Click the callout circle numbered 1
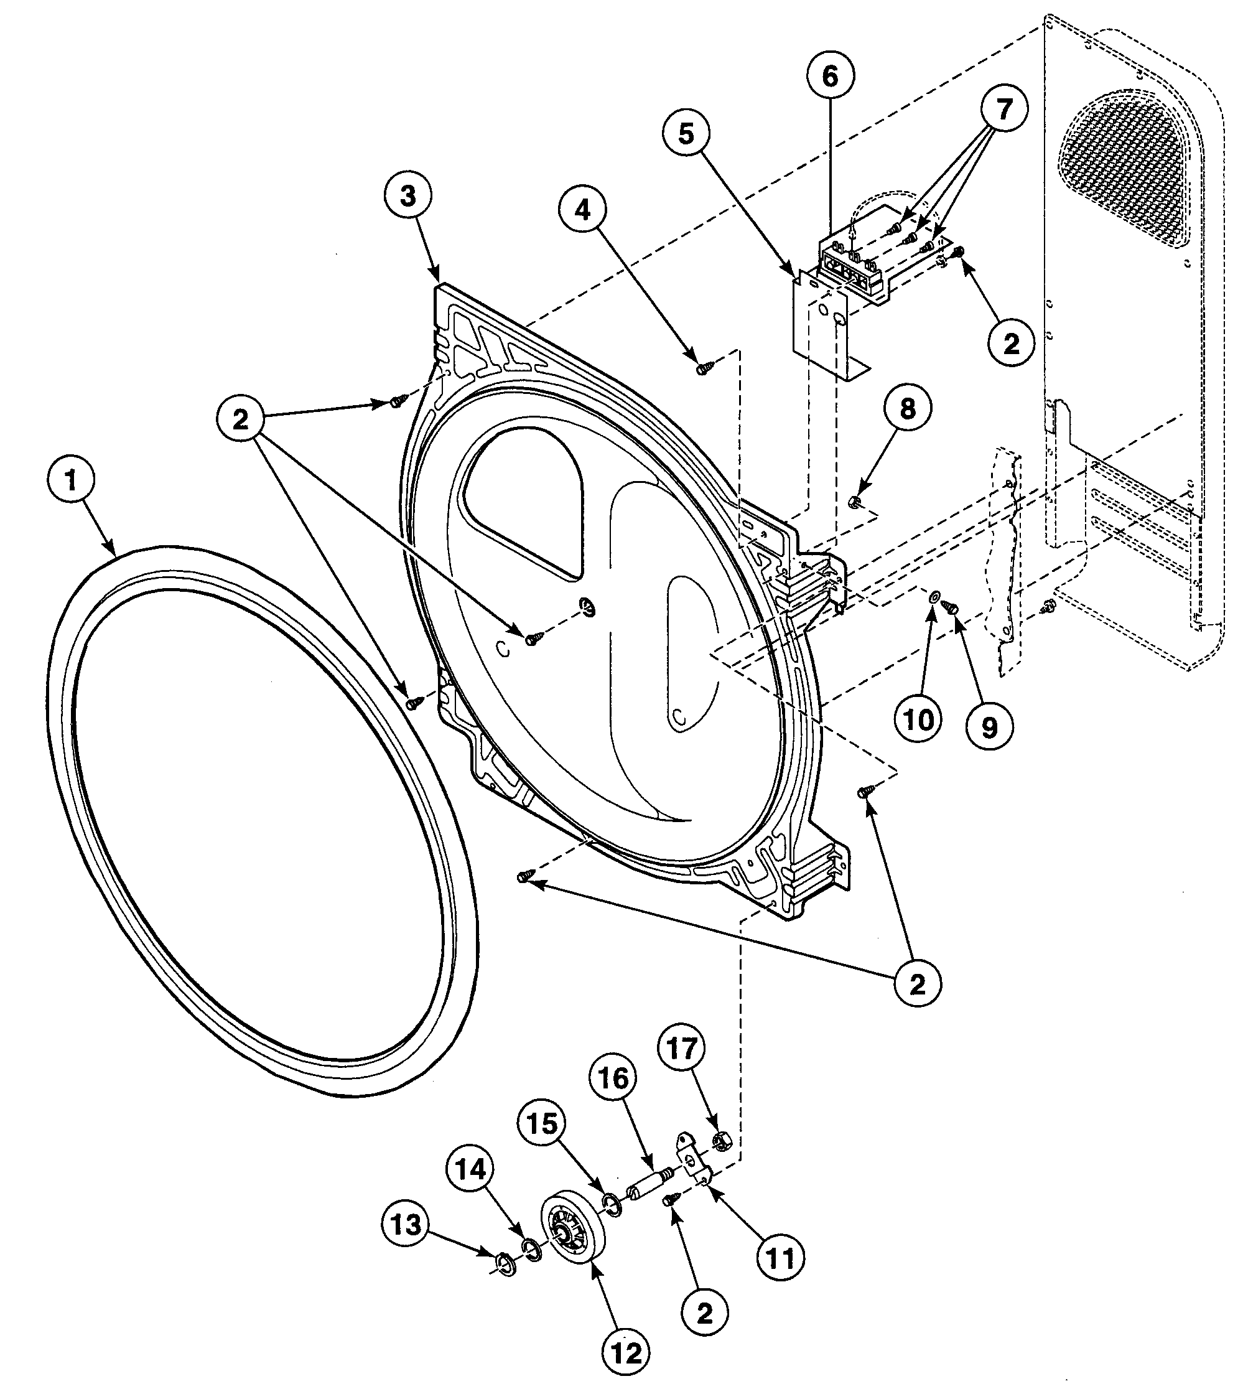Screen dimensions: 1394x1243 [x=70, y=482]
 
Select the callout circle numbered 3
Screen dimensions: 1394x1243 [x=407, y=196]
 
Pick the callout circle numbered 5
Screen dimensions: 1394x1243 [x=686, y=134]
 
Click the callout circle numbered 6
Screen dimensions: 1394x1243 [x=830, y=77]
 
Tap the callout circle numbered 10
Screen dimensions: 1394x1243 [x=919, y=719]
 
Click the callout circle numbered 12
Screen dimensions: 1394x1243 [x=627, y=1353]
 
